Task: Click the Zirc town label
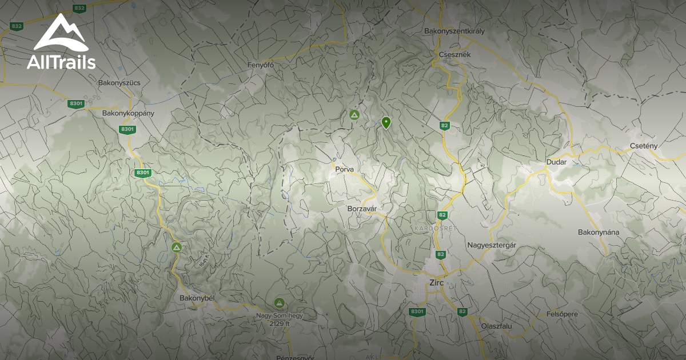pyautogui.click(x=436, y=282)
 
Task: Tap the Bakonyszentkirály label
pyautogui.click(x=454, y=31)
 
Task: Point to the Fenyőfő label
pyautogui.click(x=261, y=65)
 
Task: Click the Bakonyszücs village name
pyautogui.click(x=119, y=83)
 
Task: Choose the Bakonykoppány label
pyautogui.click(x=128, y=113)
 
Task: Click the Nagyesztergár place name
pyautogui.click(x=492, y=245)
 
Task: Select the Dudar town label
pyautogui.click(x=556, y=162)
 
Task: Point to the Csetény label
pyautogui.click(x=643, y=146)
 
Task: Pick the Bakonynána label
pyautogui.click(x=599, y=233)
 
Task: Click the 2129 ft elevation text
pyautogui.click(x=280, y=323)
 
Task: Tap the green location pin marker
pyautogui.click(x=386, y=122)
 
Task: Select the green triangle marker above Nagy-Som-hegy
pyautogui.click(x=280, y=303)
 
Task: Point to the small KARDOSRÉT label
pyautogui.click(x=428, y=229)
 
